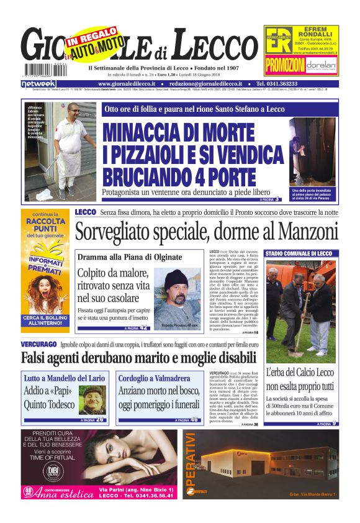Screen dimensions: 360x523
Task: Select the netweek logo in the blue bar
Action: [x=38, y=84]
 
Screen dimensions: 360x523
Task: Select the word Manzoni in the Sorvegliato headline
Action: [x=307, y=231]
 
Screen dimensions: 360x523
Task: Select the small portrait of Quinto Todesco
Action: [x=92, y=398]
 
